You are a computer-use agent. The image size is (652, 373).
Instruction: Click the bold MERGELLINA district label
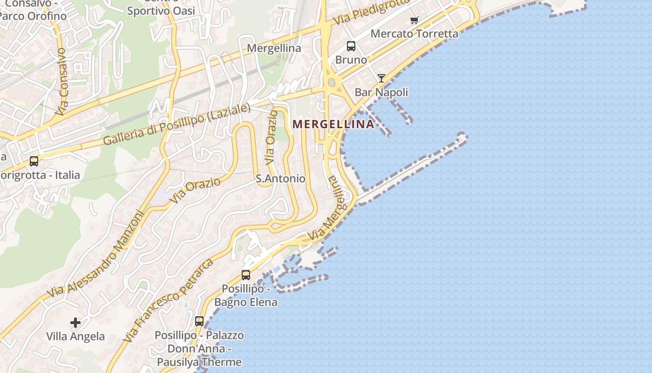pyautogui.click(x=333, y=124)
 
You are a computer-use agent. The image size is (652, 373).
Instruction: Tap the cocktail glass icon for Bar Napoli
pyautogui.click(x=381, y=78)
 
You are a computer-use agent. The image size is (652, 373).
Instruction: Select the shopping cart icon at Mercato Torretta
pyautogui.click(x=414, y=20)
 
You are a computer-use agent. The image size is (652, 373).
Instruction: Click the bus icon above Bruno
pyautogui.click(x=351, y=46)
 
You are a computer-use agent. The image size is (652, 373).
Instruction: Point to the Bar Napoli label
pyautogui.click(x=381, y=92)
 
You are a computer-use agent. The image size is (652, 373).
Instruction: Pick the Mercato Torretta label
pyautogui.click(x=414, y=34)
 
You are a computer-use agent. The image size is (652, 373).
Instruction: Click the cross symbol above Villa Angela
pyautogui.click(x=75, y=322)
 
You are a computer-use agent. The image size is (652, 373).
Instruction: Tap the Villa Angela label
pyautogui.click(x=75, y=336)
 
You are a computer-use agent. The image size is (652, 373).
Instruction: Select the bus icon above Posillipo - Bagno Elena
pyautogui.click(x=246, y=275)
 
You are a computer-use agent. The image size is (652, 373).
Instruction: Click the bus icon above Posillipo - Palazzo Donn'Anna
pyautogui.click(x=199, y=321)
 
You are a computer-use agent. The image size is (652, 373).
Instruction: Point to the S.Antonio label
pyautogui.click(x=281, y=179)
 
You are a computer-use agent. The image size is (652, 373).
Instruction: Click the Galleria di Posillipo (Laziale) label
pyautogui.click(x=177, y=124)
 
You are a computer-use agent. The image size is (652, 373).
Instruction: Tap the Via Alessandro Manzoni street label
pyautogui.click(x=96, y=254)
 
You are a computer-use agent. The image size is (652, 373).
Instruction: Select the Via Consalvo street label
pyautogui.click(x=62, y=82)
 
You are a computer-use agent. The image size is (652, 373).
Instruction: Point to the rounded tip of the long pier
pyautogui.click(x=462, y=137)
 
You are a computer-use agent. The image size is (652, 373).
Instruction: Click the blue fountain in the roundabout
pyautogui.click(x=332, y=83)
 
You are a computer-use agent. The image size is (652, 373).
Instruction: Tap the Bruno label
pyautogui.click(x=351, y=60)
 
